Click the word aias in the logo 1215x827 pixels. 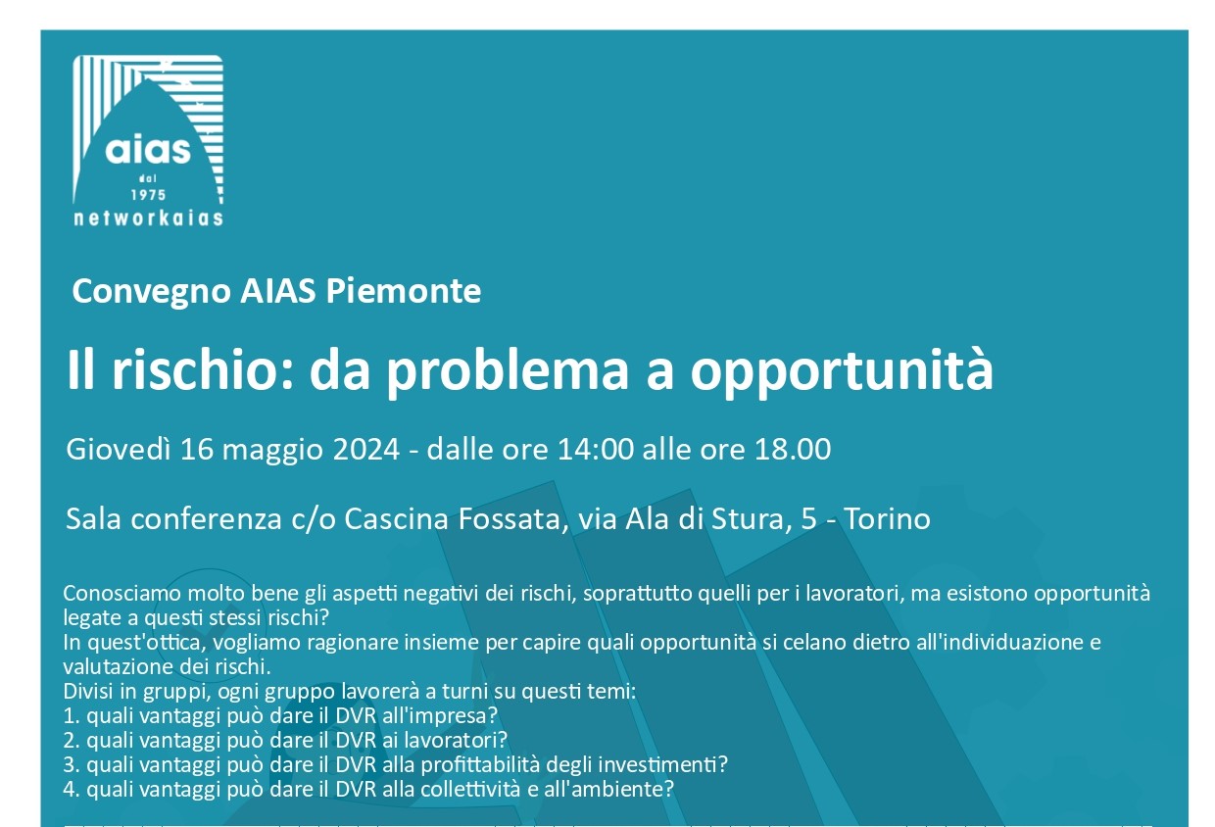148,150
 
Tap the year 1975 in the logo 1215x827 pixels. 148,195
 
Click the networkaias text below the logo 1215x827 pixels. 148,218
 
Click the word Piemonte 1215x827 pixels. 403,292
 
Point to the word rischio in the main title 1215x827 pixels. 203,369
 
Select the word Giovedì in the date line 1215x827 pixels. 119,449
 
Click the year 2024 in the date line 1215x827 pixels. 366,450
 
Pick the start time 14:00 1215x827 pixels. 595,450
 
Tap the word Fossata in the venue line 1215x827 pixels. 510,519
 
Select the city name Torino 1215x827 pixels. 888,519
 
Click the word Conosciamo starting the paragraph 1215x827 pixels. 122,593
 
